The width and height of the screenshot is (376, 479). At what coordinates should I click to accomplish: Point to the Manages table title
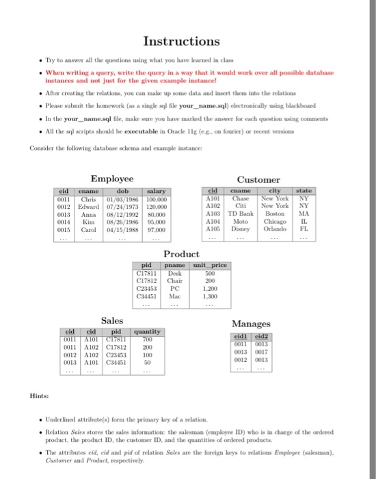(251, 323)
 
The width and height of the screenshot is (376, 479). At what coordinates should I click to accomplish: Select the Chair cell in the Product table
(174, 281)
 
